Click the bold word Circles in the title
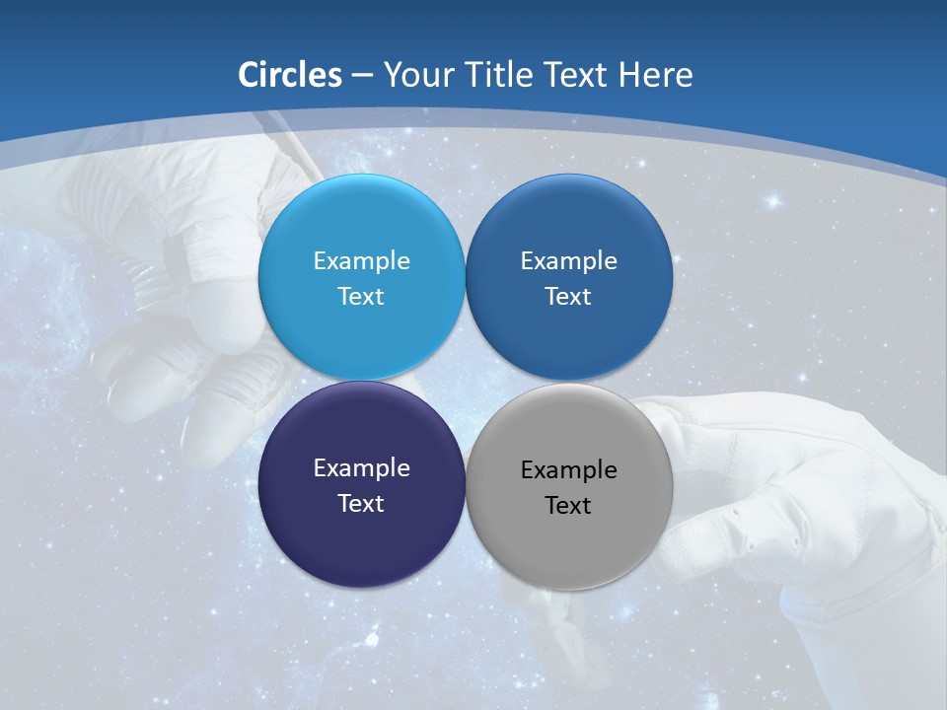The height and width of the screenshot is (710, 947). point(289,75)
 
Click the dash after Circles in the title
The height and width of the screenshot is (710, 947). point(362,76)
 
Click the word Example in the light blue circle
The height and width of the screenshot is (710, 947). point(361,260)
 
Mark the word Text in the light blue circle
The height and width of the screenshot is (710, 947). point(361,296)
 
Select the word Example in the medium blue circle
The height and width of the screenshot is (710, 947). point(568,260)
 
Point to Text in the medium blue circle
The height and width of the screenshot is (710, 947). point(568,296)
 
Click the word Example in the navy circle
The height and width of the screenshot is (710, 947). point(361,467)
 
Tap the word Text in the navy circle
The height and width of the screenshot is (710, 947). point(361,503)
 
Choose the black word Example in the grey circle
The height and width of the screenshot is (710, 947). point(568,469)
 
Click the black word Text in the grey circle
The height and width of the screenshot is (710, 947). point(568,505)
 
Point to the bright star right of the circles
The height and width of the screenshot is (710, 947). point(773,201)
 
